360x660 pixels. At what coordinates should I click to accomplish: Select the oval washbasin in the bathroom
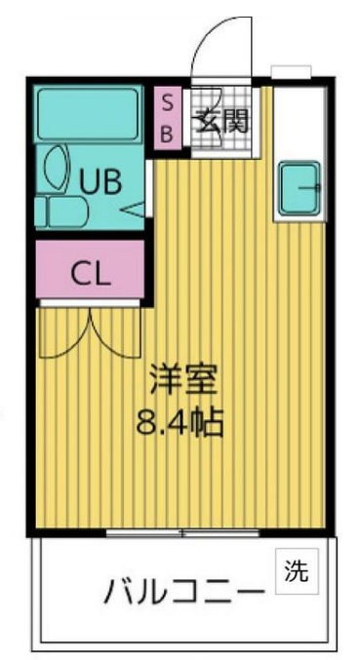[x=56, y=168]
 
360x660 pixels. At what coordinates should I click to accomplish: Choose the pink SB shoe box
[x=167, y=118]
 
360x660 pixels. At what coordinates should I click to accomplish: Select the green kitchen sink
[x=301, y=188]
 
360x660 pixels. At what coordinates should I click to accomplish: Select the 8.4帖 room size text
[x=182, y=423]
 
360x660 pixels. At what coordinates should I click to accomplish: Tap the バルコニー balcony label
[x=184, y=591]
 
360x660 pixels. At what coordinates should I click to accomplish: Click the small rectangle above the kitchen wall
[x=290, y=73]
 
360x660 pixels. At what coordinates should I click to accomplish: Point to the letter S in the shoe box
[x=167, y=102]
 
